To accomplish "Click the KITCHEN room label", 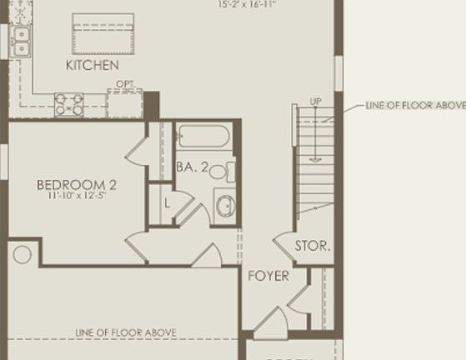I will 93,64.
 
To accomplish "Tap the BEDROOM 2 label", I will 76,184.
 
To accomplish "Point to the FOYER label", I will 268,276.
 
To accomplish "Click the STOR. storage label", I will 313,246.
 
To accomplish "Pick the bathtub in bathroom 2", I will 204,136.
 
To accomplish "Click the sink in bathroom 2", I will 225,205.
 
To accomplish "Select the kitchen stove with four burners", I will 69,104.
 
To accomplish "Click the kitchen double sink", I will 18,40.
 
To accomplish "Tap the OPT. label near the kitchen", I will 125,84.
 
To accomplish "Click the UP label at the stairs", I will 315,102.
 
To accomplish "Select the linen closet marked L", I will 167,202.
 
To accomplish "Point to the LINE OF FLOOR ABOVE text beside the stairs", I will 415,106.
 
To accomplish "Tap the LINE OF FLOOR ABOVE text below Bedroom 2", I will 126,332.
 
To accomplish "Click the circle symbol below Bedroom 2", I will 23,254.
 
